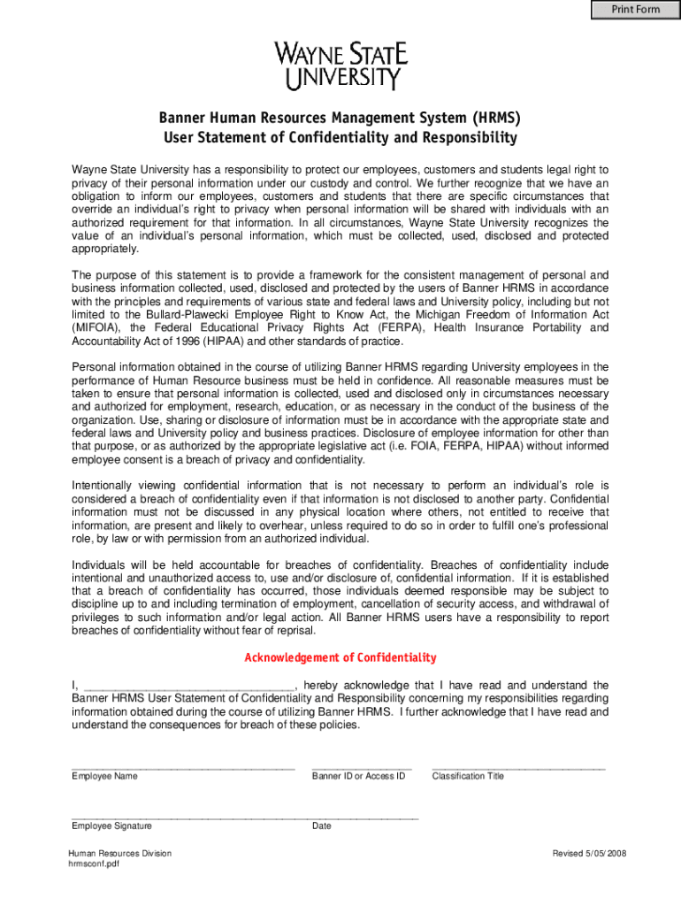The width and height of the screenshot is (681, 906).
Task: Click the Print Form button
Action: coord(635,10)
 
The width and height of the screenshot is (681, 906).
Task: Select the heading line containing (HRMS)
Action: coord(340,118)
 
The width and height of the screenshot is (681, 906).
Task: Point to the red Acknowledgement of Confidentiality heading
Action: coord(340,657)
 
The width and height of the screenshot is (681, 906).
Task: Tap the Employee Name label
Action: coord(104,776)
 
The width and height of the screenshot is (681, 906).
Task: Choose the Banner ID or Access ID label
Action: coord(358,776)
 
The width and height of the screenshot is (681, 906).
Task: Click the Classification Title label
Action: coord(468,776)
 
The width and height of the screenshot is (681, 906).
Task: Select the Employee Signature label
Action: coord(111,826)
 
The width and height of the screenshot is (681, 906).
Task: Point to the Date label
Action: coord(322,826)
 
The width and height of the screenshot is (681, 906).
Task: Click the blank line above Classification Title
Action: coord(518,767)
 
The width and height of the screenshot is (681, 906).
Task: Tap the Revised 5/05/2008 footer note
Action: coord(589,854)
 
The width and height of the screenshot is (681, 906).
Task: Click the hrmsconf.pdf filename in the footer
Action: coord(94,864)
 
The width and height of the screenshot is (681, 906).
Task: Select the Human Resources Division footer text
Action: coord(120,854)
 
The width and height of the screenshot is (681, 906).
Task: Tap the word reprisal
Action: coord(295,631)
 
